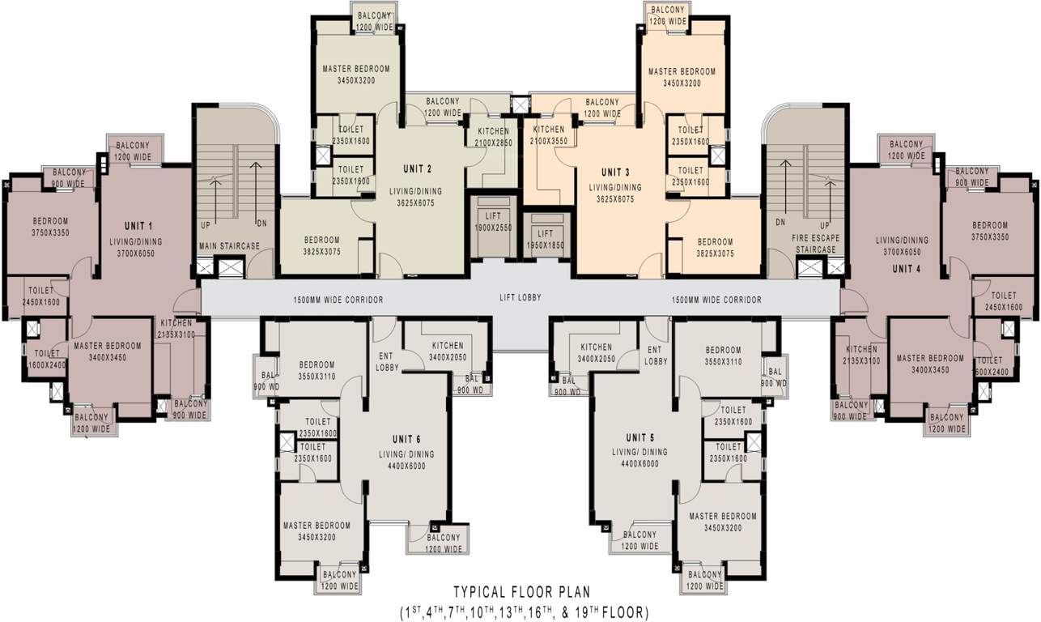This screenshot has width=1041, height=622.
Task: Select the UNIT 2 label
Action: coord(418,168)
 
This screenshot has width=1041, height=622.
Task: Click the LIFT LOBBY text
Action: coord(520,298)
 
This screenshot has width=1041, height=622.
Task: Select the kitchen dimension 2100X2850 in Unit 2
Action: coord(493,143)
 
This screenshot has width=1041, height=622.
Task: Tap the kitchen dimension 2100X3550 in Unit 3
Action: coord(548,141)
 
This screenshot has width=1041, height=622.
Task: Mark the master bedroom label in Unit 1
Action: coord(107,346)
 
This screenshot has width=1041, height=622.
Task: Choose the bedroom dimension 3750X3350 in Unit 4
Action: coord(989,237)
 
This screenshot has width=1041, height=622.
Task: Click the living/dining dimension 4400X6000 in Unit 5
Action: coord(639,464)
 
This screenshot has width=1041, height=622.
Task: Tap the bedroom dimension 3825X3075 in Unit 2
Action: coord(321,253)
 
